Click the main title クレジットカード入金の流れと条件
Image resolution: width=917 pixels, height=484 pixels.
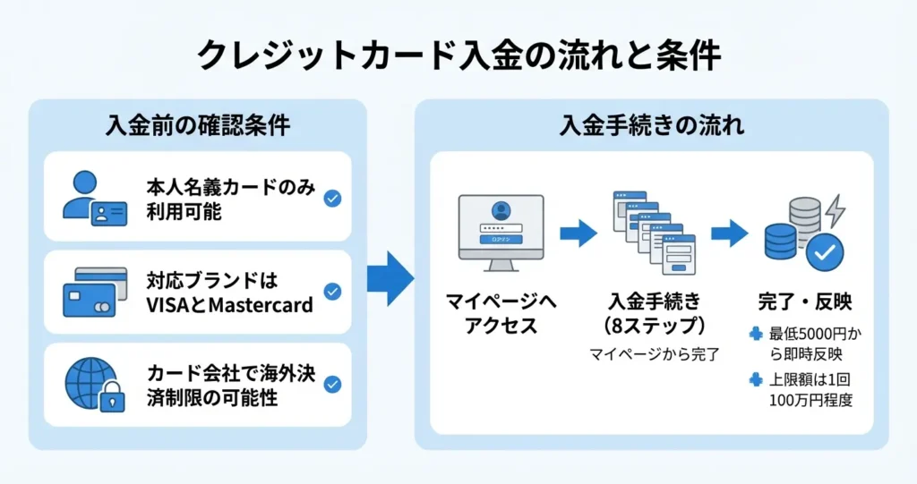(x=458, y=55)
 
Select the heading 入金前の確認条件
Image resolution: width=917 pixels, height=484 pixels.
(x=198, y=125)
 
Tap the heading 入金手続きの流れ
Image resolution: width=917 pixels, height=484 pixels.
(x=651, y=125)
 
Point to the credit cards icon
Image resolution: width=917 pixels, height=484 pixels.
(x=94, y=293)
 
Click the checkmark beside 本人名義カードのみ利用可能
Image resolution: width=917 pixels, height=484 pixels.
(x=332, y=198)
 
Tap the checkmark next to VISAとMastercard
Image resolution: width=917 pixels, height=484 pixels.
(x=332, y=291)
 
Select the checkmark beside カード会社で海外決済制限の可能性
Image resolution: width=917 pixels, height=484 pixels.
(x=332, y=385)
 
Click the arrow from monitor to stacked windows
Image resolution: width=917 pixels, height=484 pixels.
(x=578, y=234)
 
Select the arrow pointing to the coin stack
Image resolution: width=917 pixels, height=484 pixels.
(x=729, y=234)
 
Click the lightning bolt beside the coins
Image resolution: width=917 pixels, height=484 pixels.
(x=835, y=211)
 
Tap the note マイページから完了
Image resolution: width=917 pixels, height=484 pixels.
(x=655, y=355)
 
